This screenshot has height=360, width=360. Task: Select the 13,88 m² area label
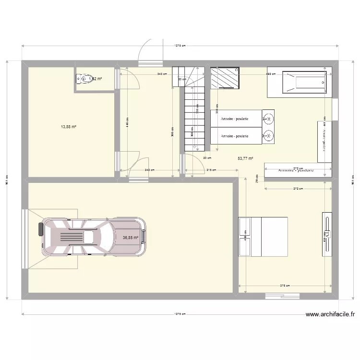point(69,127)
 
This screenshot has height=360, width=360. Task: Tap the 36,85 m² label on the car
point(131,237)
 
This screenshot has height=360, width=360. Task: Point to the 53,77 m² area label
point(245,158)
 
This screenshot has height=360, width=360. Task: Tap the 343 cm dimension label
point(162,74)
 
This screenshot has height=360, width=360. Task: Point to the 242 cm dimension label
point(149,170)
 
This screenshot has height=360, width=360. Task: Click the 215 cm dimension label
point(210,170)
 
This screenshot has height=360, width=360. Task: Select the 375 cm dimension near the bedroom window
point(285,286)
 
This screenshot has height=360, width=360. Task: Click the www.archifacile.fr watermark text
point(330,315)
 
